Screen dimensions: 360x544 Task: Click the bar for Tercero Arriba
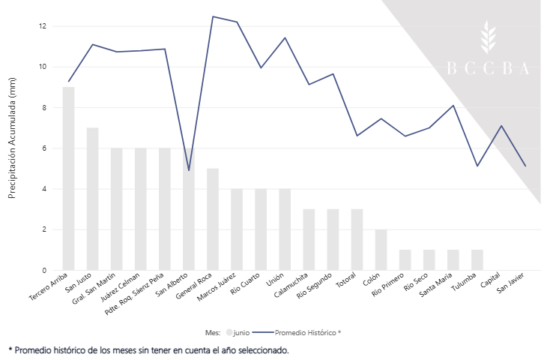coord(68,178)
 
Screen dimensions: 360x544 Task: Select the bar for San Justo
coord(92,199)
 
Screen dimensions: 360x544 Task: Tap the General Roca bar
coord(213,219)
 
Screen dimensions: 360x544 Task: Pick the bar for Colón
coord(381,250)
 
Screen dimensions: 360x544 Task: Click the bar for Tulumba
coord(477,259)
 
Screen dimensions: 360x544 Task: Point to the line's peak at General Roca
coord(213,16)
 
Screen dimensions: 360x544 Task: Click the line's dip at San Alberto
coord(189,170)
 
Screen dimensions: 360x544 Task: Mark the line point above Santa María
coord(453,106)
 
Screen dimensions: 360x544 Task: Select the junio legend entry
coord(238,331)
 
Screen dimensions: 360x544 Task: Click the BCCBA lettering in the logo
coord(488,68)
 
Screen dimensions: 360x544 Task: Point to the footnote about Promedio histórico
coord(148,349)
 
